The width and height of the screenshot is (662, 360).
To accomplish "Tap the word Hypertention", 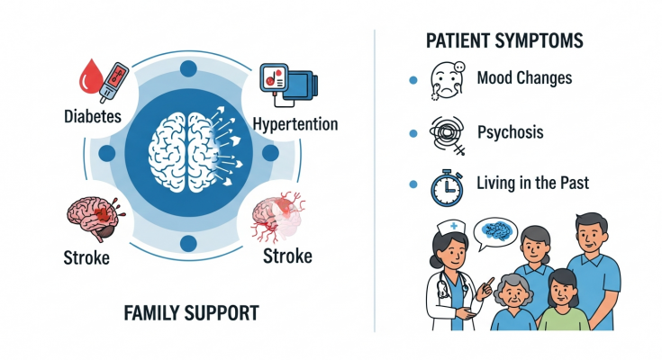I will pos(295,123).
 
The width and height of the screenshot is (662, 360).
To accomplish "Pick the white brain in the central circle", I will pos(185,148).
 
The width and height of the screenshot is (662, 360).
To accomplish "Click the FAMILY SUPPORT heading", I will pos(191,313).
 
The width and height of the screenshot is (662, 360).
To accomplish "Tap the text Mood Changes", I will pos(523,78).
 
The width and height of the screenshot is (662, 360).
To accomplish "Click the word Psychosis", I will pos(510,131).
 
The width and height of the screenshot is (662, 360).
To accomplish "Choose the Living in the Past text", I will pos(532,183).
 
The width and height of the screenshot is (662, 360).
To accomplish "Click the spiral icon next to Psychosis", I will pos(448,132).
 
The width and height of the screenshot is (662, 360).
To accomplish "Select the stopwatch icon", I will pos(447,184).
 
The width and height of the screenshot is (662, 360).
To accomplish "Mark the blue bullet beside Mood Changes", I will pos(413,80).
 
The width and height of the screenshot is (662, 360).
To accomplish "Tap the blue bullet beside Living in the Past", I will pos(413,184).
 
